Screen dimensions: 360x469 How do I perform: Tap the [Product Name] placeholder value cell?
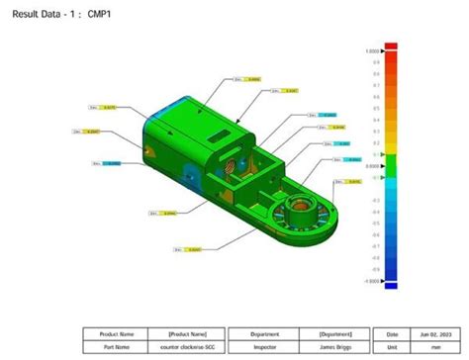tap(185, 334)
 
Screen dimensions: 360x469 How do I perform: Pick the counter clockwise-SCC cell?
tap(185, 347)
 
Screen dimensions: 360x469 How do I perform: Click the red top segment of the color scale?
tap(390, 55)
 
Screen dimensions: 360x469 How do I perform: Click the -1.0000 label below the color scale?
tap(372, 281)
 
